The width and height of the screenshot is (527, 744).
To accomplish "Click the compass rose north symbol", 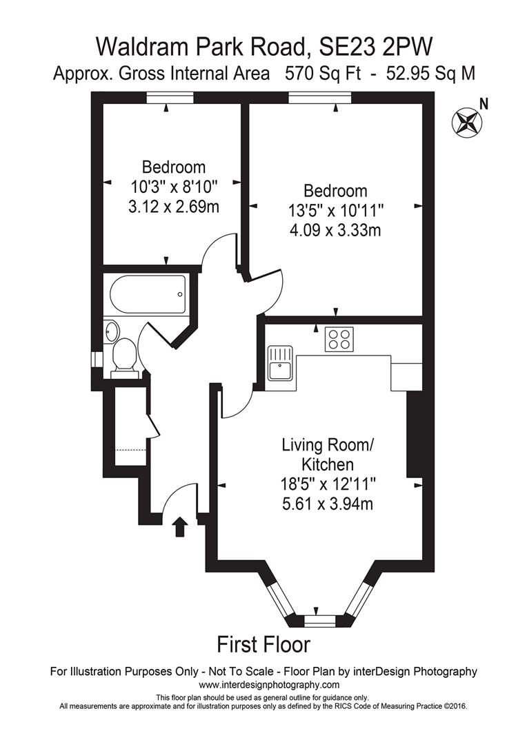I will (x=465, y=121).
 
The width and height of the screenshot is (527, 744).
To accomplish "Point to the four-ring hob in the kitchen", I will (x=339, y=339).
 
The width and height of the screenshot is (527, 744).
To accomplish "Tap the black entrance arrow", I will (x=180, y=527).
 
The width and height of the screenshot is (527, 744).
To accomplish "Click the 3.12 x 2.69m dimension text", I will (x=173, y=205).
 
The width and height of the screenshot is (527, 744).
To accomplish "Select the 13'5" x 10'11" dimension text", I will (x=336, y=210).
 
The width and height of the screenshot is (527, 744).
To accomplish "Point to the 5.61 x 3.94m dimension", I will (x=328, y=504).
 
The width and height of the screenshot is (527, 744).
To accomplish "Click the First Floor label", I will (x=263, y=645).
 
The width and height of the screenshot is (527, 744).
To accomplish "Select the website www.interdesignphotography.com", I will (x=269, y=685).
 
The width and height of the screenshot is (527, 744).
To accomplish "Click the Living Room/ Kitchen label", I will (x=328, y=454).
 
